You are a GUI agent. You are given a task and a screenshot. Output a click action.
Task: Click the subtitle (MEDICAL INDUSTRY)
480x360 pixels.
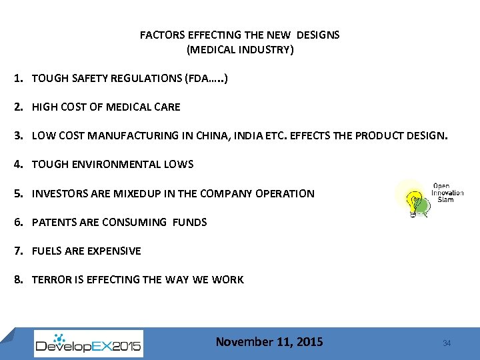pos(239,49)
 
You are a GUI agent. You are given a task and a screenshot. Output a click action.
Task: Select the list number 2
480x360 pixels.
pos(18,107)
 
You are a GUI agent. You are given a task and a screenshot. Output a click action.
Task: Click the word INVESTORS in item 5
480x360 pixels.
pos(60,193)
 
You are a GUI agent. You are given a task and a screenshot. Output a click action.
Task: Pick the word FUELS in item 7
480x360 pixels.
pos(47,251)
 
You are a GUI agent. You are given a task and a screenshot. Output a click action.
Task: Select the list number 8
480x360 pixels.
pos(18,279)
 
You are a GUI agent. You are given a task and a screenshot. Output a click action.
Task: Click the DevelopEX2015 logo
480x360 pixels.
pos(88,343)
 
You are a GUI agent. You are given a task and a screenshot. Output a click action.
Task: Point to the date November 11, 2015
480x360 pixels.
pos(269,342)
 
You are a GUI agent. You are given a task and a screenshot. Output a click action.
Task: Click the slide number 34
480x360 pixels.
pos(447,343)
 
